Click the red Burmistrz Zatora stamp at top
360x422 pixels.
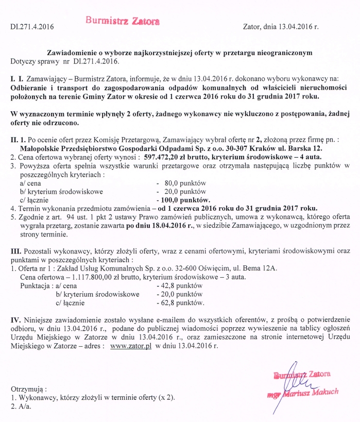coord(123,21)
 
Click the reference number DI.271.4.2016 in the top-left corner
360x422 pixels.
coord(32,25)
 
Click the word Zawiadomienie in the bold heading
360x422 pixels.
coord(73,53)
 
